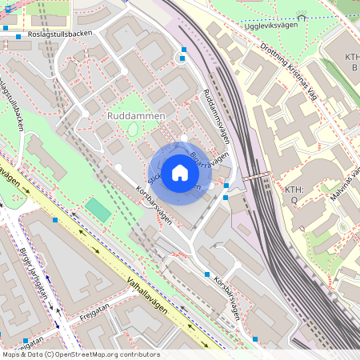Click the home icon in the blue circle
[x=180, y=173]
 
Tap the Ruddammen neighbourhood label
[x=135, y=116]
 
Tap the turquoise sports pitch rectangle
[x=98, y=210]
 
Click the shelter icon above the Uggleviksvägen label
[x=301, y=17]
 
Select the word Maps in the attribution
[x=11, y=354]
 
